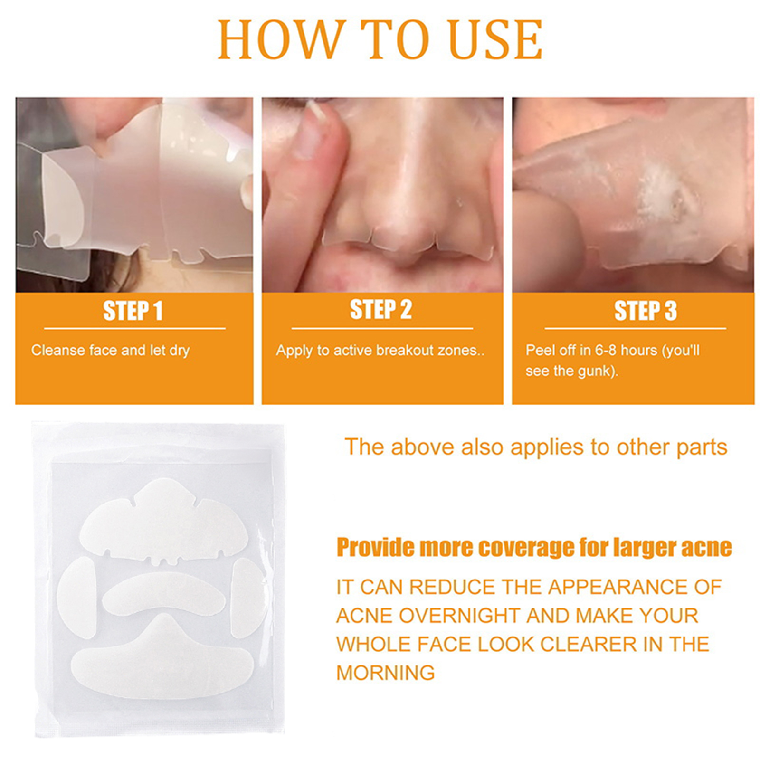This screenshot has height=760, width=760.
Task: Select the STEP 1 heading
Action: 133,311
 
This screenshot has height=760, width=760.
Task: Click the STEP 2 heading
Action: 380,310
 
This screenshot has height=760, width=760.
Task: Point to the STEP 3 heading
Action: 645,311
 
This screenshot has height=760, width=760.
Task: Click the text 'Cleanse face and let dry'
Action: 111,351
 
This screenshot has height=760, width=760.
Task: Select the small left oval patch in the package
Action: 77,598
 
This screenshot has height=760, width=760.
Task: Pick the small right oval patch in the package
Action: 248,598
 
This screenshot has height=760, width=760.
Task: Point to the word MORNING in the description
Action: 385,673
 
